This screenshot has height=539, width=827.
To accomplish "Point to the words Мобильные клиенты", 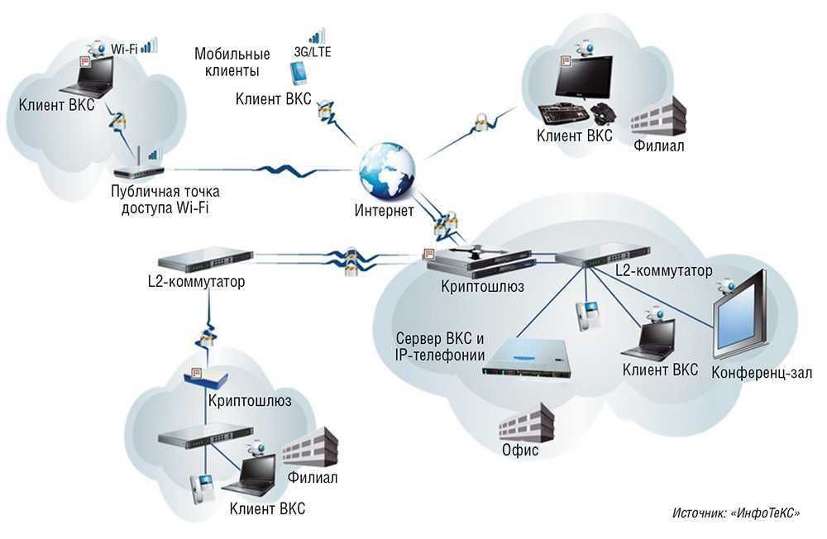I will click(232, 62).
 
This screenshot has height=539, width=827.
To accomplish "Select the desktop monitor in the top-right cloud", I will click(582, 79).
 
